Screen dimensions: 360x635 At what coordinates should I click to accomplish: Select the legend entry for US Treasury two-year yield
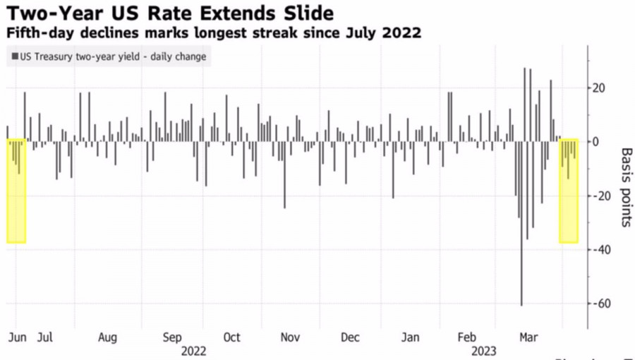pyautogui.click(x=109, y=56)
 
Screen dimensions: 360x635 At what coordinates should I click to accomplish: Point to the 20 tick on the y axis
pyautogui.click(x=600, y=88)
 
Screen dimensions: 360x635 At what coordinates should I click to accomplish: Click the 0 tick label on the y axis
pyautogui.click(x=596, y=142)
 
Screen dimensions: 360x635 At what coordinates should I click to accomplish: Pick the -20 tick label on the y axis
pyautogui.click(x=599, y=196)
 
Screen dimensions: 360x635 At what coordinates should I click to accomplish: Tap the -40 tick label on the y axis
pyautogui.click(x=599, y=250)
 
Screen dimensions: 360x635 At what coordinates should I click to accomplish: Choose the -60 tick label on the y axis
pyautogui.click(x=599, y=304)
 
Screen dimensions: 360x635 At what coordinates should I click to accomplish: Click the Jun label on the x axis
pyautogui.click(x=17, y=337)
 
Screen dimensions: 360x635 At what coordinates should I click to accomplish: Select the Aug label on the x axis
pyautogui.click(x=107, y=337)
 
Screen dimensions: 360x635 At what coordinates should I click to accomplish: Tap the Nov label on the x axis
pyautogui.click(x=290, y=337)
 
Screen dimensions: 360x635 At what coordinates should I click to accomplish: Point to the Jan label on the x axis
pyautogui.click(x=410, y=337)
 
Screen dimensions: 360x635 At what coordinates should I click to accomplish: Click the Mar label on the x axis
pyautogui.click(x=528, y=337)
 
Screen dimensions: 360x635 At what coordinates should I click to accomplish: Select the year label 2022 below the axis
pyautogui.click(x=194, y=350)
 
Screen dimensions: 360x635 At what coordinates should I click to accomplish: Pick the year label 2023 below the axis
pyautogui.click(x=483, y=350)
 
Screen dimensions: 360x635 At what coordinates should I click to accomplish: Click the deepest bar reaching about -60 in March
pyautogui.click(x=522, y=282)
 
